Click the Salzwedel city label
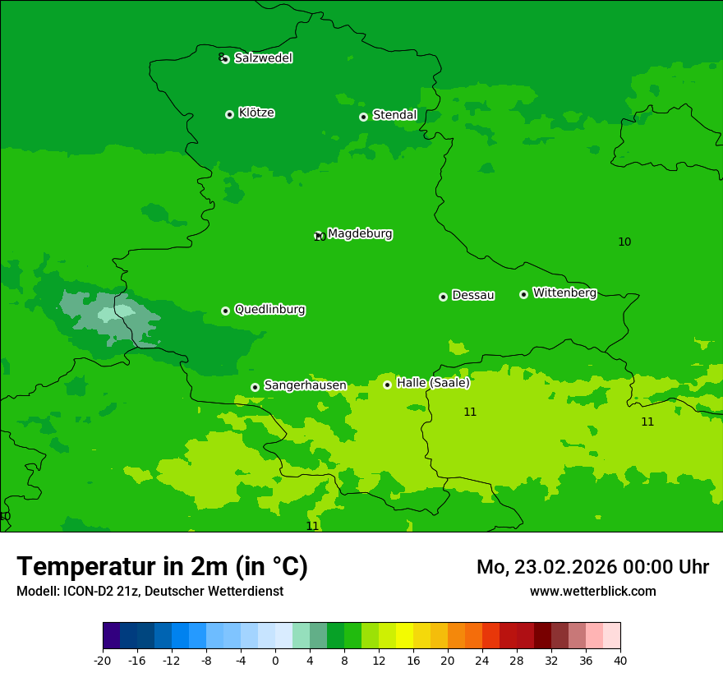click(x=263, y=58)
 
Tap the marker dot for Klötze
click(x=229, y=114)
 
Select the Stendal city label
click(x=394, y=115)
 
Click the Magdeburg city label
click(x=360, y=234)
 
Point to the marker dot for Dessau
click(x=443, y=297)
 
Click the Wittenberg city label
click(x=564, y=293)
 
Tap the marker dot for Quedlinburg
click(x=225, y=311)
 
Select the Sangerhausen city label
click(x=305, y=385)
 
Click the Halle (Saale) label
click(x=433, y=383)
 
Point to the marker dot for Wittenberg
click(x=523, y=294)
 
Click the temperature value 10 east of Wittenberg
click(x=624, y=242)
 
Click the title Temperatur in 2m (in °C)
click(x=162, y=567)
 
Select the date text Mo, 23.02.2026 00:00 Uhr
click(x=592, y=567)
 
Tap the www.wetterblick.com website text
click(x=592, y=592)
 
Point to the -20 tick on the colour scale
click(x=103, y=660)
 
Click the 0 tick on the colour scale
click(x=275, y=660)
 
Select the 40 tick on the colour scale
click(x=619, y=660)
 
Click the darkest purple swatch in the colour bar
click(x=112, y=636)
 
